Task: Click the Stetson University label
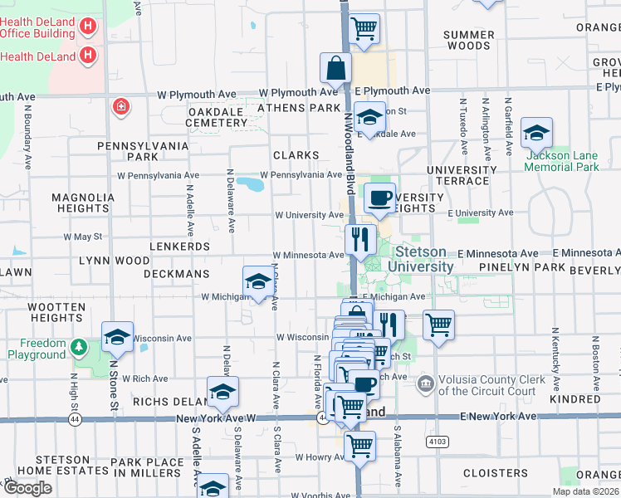[424, 259]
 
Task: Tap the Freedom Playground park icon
[79, 345]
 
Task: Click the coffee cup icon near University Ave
[379, 198]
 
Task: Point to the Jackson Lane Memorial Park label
[562, 161]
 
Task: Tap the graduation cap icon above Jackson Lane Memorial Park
[536, 133]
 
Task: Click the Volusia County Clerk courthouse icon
[426, 383]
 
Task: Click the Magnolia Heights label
[83, 203]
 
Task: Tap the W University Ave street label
[309, 215]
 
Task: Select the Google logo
[27, 487]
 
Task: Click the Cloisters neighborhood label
[496, 473]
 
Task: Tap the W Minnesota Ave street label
[307, 255]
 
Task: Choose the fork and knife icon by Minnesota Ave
[360, 240]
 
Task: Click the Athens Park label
[299, 108]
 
